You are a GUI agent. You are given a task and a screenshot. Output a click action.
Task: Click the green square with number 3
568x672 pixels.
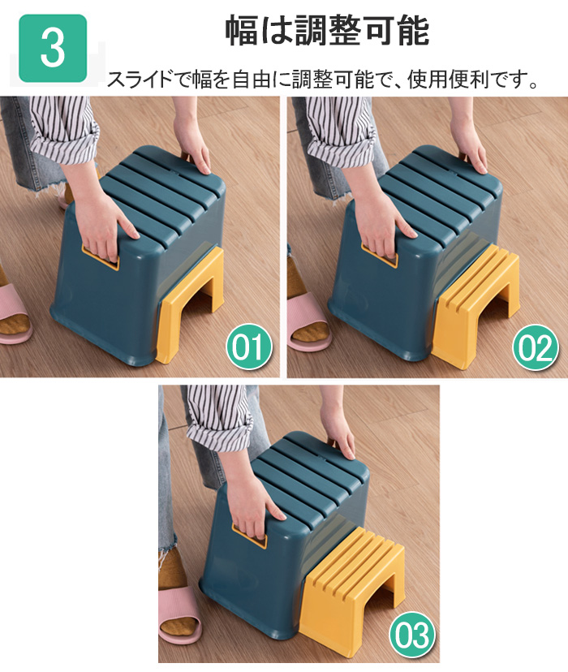pyautogui.click(x=53, y=48)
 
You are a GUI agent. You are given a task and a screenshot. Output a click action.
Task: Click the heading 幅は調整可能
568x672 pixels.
pyautogui.click(x=327, y=30)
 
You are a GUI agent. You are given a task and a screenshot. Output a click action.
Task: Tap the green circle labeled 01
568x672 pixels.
pyautogui.click(x=249, y=347)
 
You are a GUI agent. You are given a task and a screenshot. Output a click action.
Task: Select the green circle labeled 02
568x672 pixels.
pyautogui.click(x=536, y=347)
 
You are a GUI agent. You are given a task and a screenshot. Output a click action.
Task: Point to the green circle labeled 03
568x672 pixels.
pyautogui.click(x=411, y=635)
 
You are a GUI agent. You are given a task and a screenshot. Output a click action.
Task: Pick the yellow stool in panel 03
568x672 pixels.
pyautogui.click(x=351, y=587)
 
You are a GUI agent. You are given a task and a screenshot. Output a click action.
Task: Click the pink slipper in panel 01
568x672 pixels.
pyautogui.click(x=14, y=312)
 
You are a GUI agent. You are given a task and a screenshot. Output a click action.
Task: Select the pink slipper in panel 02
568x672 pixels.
pyautogui.click(x=308, y=322)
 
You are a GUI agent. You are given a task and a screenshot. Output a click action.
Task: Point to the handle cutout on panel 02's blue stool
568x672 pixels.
pyautogui.click(x=379, y=255)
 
